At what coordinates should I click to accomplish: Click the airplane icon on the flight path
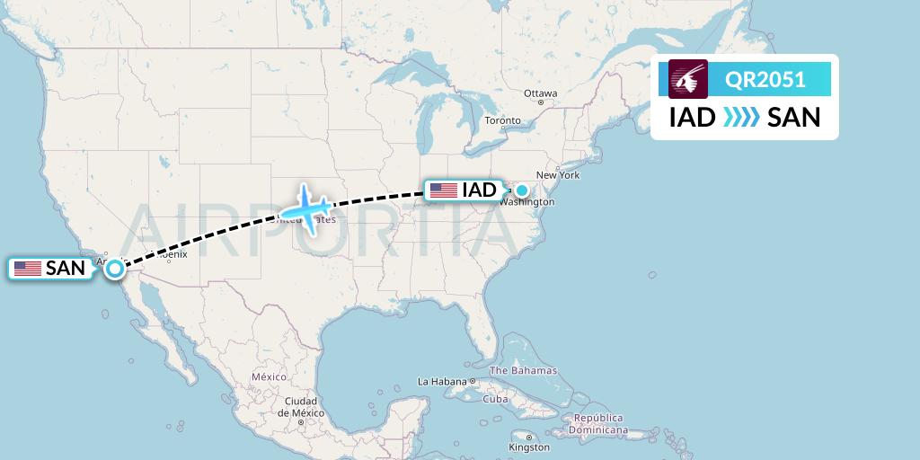[307, 209]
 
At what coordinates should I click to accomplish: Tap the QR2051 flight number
[765, 79]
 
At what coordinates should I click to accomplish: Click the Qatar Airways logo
[688, 79]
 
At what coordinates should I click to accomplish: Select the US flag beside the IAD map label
[443, 190]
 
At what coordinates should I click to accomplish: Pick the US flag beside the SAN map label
[28, 268]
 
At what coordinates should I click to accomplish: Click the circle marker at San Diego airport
[115, 267]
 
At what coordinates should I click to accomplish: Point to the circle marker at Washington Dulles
[521, 190]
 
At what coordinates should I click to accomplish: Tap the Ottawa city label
[541, 93]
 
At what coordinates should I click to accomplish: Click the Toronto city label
[502, 120]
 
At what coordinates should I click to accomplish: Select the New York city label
[558, 175]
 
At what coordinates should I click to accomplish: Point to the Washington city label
[528, 203]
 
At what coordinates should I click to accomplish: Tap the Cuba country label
[495, 399]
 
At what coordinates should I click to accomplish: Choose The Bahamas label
[523, 370]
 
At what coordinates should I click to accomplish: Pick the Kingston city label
[528, 447]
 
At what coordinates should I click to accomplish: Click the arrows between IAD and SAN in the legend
[742, 117]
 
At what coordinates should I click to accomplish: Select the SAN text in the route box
[794, 117]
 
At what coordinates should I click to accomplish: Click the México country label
[269, 376]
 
